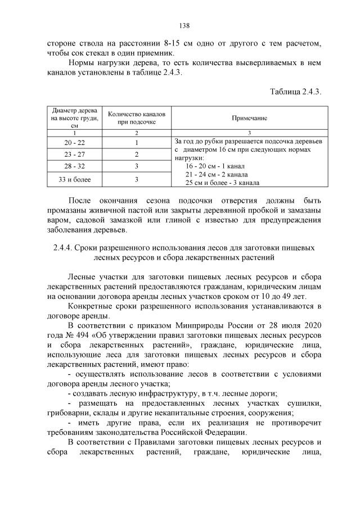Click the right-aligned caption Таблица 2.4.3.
[295, 92]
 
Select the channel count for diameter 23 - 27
[136, 155]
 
